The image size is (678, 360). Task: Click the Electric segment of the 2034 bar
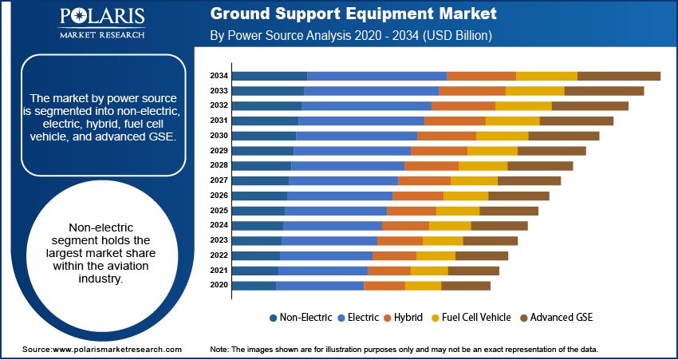(x=377, y=76)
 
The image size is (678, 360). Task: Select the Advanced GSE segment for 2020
(x=466, y=286)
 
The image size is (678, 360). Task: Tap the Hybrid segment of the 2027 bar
(x=424, y=181)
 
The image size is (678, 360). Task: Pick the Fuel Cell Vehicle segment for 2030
(x=503, y=136)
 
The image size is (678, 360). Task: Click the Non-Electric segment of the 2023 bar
(x=257, y=241)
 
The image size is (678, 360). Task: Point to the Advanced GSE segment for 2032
(x=590, y=106)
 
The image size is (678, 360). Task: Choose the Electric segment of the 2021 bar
(x=323, y=271)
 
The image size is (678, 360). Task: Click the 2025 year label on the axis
(x=219, y=211)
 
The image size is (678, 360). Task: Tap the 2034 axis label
(x=219, y=76)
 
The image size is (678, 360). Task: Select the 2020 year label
(x=219, y=285)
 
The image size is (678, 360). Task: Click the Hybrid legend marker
(x=387, y=318)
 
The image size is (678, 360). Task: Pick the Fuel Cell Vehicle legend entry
(x=471, y=318)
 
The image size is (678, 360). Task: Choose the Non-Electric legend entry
(x=301, y=318)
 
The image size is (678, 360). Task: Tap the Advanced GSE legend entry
(x=557, y=318)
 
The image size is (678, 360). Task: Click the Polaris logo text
(x=102, y=18)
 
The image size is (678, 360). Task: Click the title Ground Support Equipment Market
(x=353, y=14)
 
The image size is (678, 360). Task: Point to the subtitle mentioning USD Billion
(x=351, y=35)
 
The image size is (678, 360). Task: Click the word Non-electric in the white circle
(x=101, y=227)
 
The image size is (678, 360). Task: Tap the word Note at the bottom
(x=219, y=349)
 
